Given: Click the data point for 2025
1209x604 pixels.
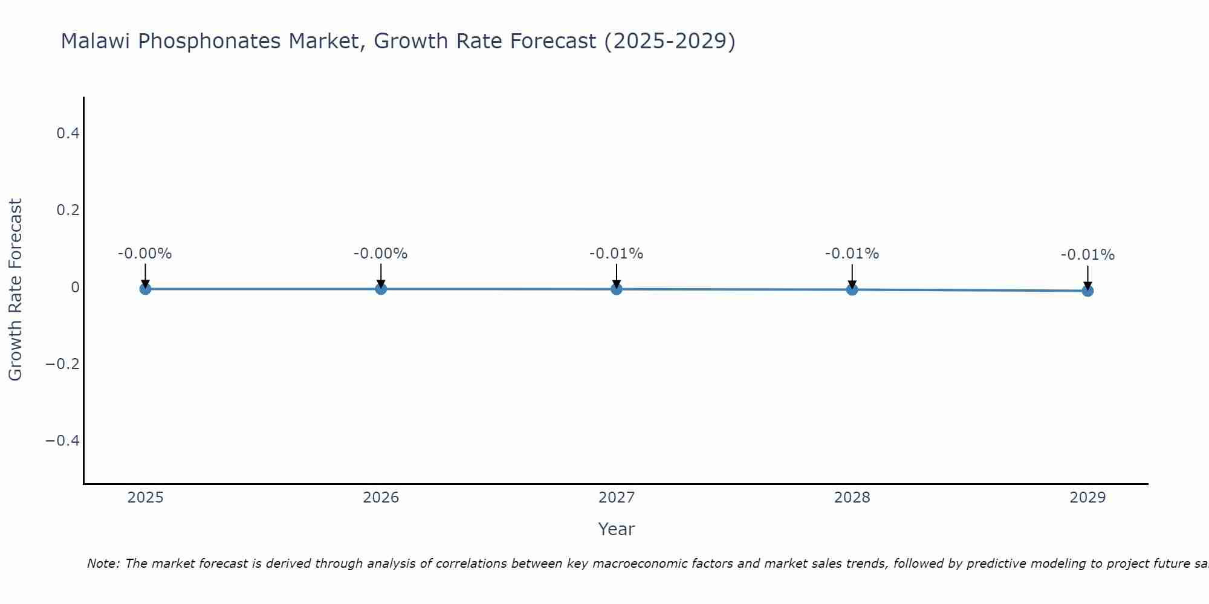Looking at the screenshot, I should [145, 289].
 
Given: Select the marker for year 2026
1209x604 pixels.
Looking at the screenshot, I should [381, 289].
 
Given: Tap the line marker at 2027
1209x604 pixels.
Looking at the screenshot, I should [617, 289].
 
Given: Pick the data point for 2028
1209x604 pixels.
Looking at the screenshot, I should [852, 289].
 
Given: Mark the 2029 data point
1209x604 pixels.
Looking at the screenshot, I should [1087, 291].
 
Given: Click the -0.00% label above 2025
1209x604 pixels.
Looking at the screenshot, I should [144, 254].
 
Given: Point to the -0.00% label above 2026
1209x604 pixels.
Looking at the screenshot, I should [380, 254].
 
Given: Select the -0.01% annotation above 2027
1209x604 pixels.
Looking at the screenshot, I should [616, 254].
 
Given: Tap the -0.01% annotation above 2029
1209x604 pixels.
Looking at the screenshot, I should [1087, 255].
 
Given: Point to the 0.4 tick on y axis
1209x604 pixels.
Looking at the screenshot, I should [68, 133].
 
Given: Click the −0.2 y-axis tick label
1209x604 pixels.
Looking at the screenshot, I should [62, 364].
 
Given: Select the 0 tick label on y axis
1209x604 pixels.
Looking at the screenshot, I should [75, 287].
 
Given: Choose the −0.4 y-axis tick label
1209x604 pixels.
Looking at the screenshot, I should [62, 440].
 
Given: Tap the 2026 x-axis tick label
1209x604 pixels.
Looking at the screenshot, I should [381, 498].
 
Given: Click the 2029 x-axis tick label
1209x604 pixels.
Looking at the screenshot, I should [1087, 498].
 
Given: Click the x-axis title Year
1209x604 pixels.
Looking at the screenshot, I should [616, 529].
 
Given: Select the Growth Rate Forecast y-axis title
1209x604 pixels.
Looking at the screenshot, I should [15, 289].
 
